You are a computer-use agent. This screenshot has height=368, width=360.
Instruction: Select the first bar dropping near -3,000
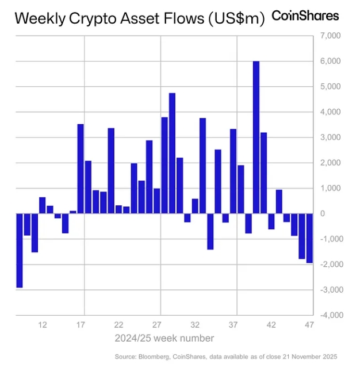coord(19,250)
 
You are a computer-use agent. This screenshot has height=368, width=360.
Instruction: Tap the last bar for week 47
coord(309,238)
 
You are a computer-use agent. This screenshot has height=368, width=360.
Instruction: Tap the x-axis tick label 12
coord(43,325)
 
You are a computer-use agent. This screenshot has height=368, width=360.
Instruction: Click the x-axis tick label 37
coord(233,325)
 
